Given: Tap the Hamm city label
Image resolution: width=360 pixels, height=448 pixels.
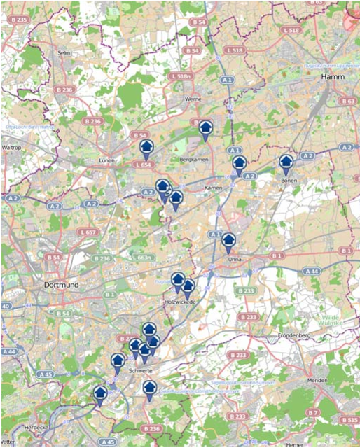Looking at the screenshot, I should (333, 76).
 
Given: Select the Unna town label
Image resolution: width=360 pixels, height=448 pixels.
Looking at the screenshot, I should (235, 260).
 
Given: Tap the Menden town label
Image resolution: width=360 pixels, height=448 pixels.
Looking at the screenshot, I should (317, 380).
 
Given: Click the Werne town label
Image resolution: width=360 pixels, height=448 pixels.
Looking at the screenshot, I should (193, 99).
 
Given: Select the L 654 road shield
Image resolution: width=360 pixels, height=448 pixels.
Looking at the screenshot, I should (141, 164).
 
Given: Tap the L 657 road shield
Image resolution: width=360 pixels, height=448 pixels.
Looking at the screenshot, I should (88, 232).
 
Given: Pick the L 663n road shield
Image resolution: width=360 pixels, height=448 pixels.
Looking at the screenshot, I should (141, 258).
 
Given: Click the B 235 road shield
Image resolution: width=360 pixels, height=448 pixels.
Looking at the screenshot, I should (19, 20).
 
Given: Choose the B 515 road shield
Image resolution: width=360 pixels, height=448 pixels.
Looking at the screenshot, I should (348, 420).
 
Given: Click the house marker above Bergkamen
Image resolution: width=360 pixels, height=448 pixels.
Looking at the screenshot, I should (205, 128).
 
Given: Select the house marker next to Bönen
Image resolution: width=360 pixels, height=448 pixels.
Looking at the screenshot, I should (286, 162).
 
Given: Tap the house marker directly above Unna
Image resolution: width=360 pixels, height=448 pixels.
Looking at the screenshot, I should (229, 241).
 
